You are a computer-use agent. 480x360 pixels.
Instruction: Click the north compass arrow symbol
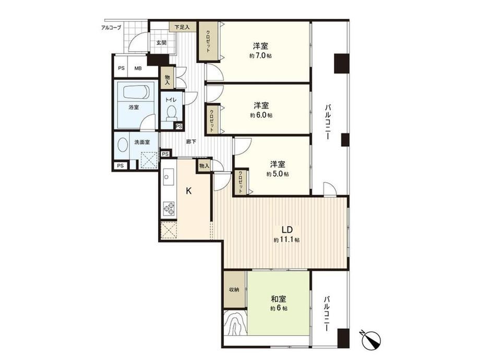click(x=372, y=339)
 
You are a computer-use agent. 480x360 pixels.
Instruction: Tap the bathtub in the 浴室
click(x=136, y=91)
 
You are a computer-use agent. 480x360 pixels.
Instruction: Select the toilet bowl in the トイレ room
click(x=172, y=112)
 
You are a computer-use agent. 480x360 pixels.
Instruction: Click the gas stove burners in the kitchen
click(x=169, y=209)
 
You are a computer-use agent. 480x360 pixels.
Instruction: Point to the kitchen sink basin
click(x=167, y=177)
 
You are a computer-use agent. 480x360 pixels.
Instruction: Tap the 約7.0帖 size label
click(x=260, y=56)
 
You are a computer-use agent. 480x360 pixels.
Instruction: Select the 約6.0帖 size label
click(x=261, y=115)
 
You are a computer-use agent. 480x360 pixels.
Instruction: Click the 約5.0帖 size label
click(x=278, y=174)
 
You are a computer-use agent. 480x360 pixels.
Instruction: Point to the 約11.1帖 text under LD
click(x=287, y=240)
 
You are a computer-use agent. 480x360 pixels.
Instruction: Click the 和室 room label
click(x=279, y=299)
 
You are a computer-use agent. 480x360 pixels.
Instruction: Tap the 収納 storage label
click(x=234, y=290)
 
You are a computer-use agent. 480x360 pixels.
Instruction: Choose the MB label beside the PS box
click(x=138, y=68)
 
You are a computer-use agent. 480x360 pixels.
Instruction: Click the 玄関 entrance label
click(x=161, y=43)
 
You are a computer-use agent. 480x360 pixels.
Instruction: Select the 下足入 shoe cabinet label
click(x=182, y=27)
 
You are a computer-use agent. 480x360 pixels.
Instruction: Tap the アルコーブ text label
click(x=111, y=28)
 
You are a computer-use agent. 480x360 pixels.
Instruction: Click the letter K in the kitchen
click(x=189, y=191)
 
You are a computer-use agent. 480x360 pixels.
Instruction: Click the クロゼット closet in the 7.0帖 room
click(x=208, y=41)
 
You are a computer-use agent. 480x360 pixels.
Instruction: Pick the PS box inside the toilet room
click(x=179, y=126)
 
